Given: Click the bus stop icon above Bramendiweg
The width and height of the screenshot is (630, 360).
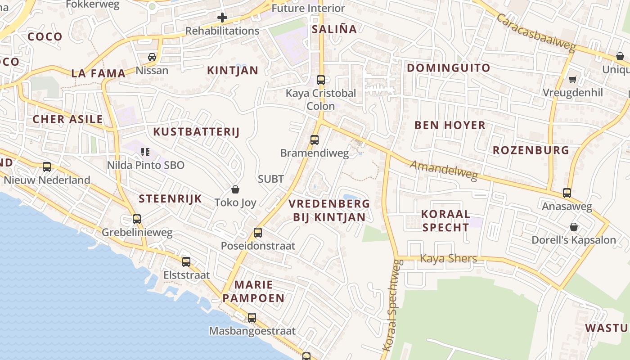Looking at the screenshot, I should click(x=315, y=140).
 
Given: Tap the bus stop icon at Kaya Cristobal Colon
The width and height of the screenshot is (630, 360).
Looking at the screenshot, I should click(x=321, y=80).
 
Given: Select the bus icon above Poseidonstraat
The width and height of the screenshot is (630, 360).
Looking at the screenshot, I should click(x=258, y=233).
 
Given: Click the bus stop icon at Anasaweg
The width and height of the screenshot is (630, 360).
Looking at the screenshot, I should click(x=567, y=193).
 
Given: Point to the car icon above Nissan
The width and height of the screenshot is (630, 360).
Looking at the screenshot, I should click(x=152, y=57).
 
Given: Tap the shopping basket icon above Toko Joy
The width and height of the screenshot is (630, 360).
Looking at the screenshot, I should click(x=235, y=189).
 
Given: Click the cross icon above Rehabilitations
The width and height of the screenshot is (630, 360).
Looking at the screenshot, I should click(x=222, y=18).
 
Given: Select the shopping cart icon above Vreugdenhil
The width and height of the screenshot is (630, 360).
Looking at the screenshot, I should click(x=572, y=80).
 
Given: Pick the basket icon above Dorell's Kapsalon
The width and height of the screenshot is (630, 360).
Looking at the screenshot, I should click(x=574, y=226).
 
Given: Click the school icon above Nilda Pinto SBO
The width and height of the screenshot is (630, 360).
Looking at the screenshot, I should click(x=145, y=152).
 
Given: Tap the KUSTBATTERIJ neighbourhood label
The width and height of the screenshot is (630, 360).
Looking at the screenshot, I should click(x=196, y=132).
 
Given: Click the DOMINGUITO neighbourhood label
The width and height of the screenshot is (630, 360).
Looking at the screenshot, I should click(x=448, y=68).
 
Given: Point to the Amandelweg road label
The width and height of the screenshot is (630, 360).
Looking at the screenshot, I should click(x=443, y=171).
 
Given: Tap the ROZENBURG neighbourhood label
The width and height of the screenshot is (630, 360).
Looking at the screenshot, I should click(x=531, y=150).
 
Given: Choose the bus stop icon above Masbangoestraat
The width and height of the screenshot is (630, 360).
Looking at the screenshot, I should click(x=252, y=318).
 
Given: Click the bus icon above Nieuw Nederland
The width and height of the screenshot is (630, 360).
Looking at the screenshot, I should click(x=47, y=167).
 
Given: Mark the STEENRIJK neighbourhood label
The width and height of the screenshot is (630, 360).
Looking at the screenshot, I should click(x=170, y=199).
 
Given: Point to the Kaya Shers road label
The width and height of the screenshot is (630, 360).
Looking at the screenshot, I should click(x=448, y=258).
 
